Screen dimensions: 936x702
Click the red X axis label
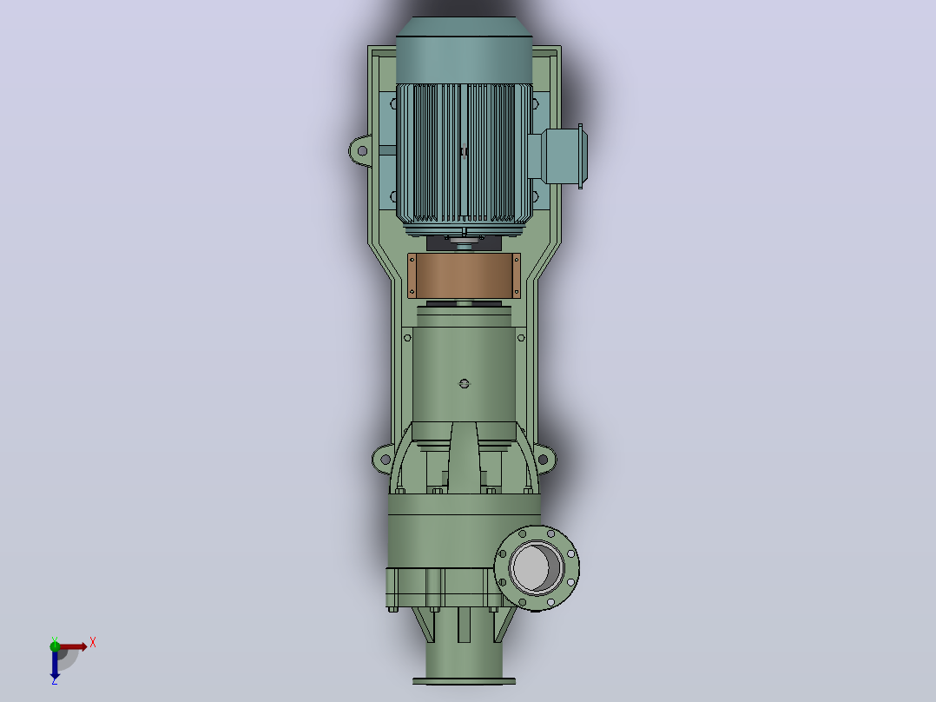point(93,643)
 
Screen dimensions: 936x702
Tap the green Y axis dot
point(55,646)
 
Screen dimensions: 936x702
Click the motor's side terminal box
point(558,156)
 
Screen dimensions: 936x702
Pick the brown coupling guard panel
point(464,275)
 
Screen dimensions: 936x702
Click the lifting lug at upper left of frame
point(360,150)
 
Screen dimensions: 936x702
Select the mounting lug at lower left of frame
point(383,460)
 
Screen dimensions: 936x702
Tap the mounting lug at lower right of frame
point(544,460)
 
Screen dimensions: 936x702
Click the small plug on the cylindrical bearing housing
point(465,383)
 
